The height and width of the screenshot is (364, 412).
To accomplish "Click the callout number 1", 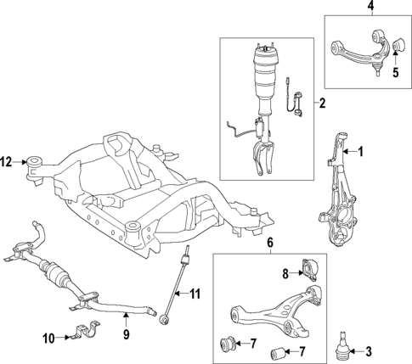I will tap(360, 152).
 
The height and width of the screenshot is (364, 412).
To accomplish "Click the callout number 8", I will tap(285, 273).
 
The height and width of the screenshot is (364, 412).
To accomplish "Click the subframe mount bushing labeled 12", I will tap(35, 160).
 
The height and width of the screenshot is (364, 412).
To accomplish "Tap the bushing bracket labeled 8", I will tap(308, 269).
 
